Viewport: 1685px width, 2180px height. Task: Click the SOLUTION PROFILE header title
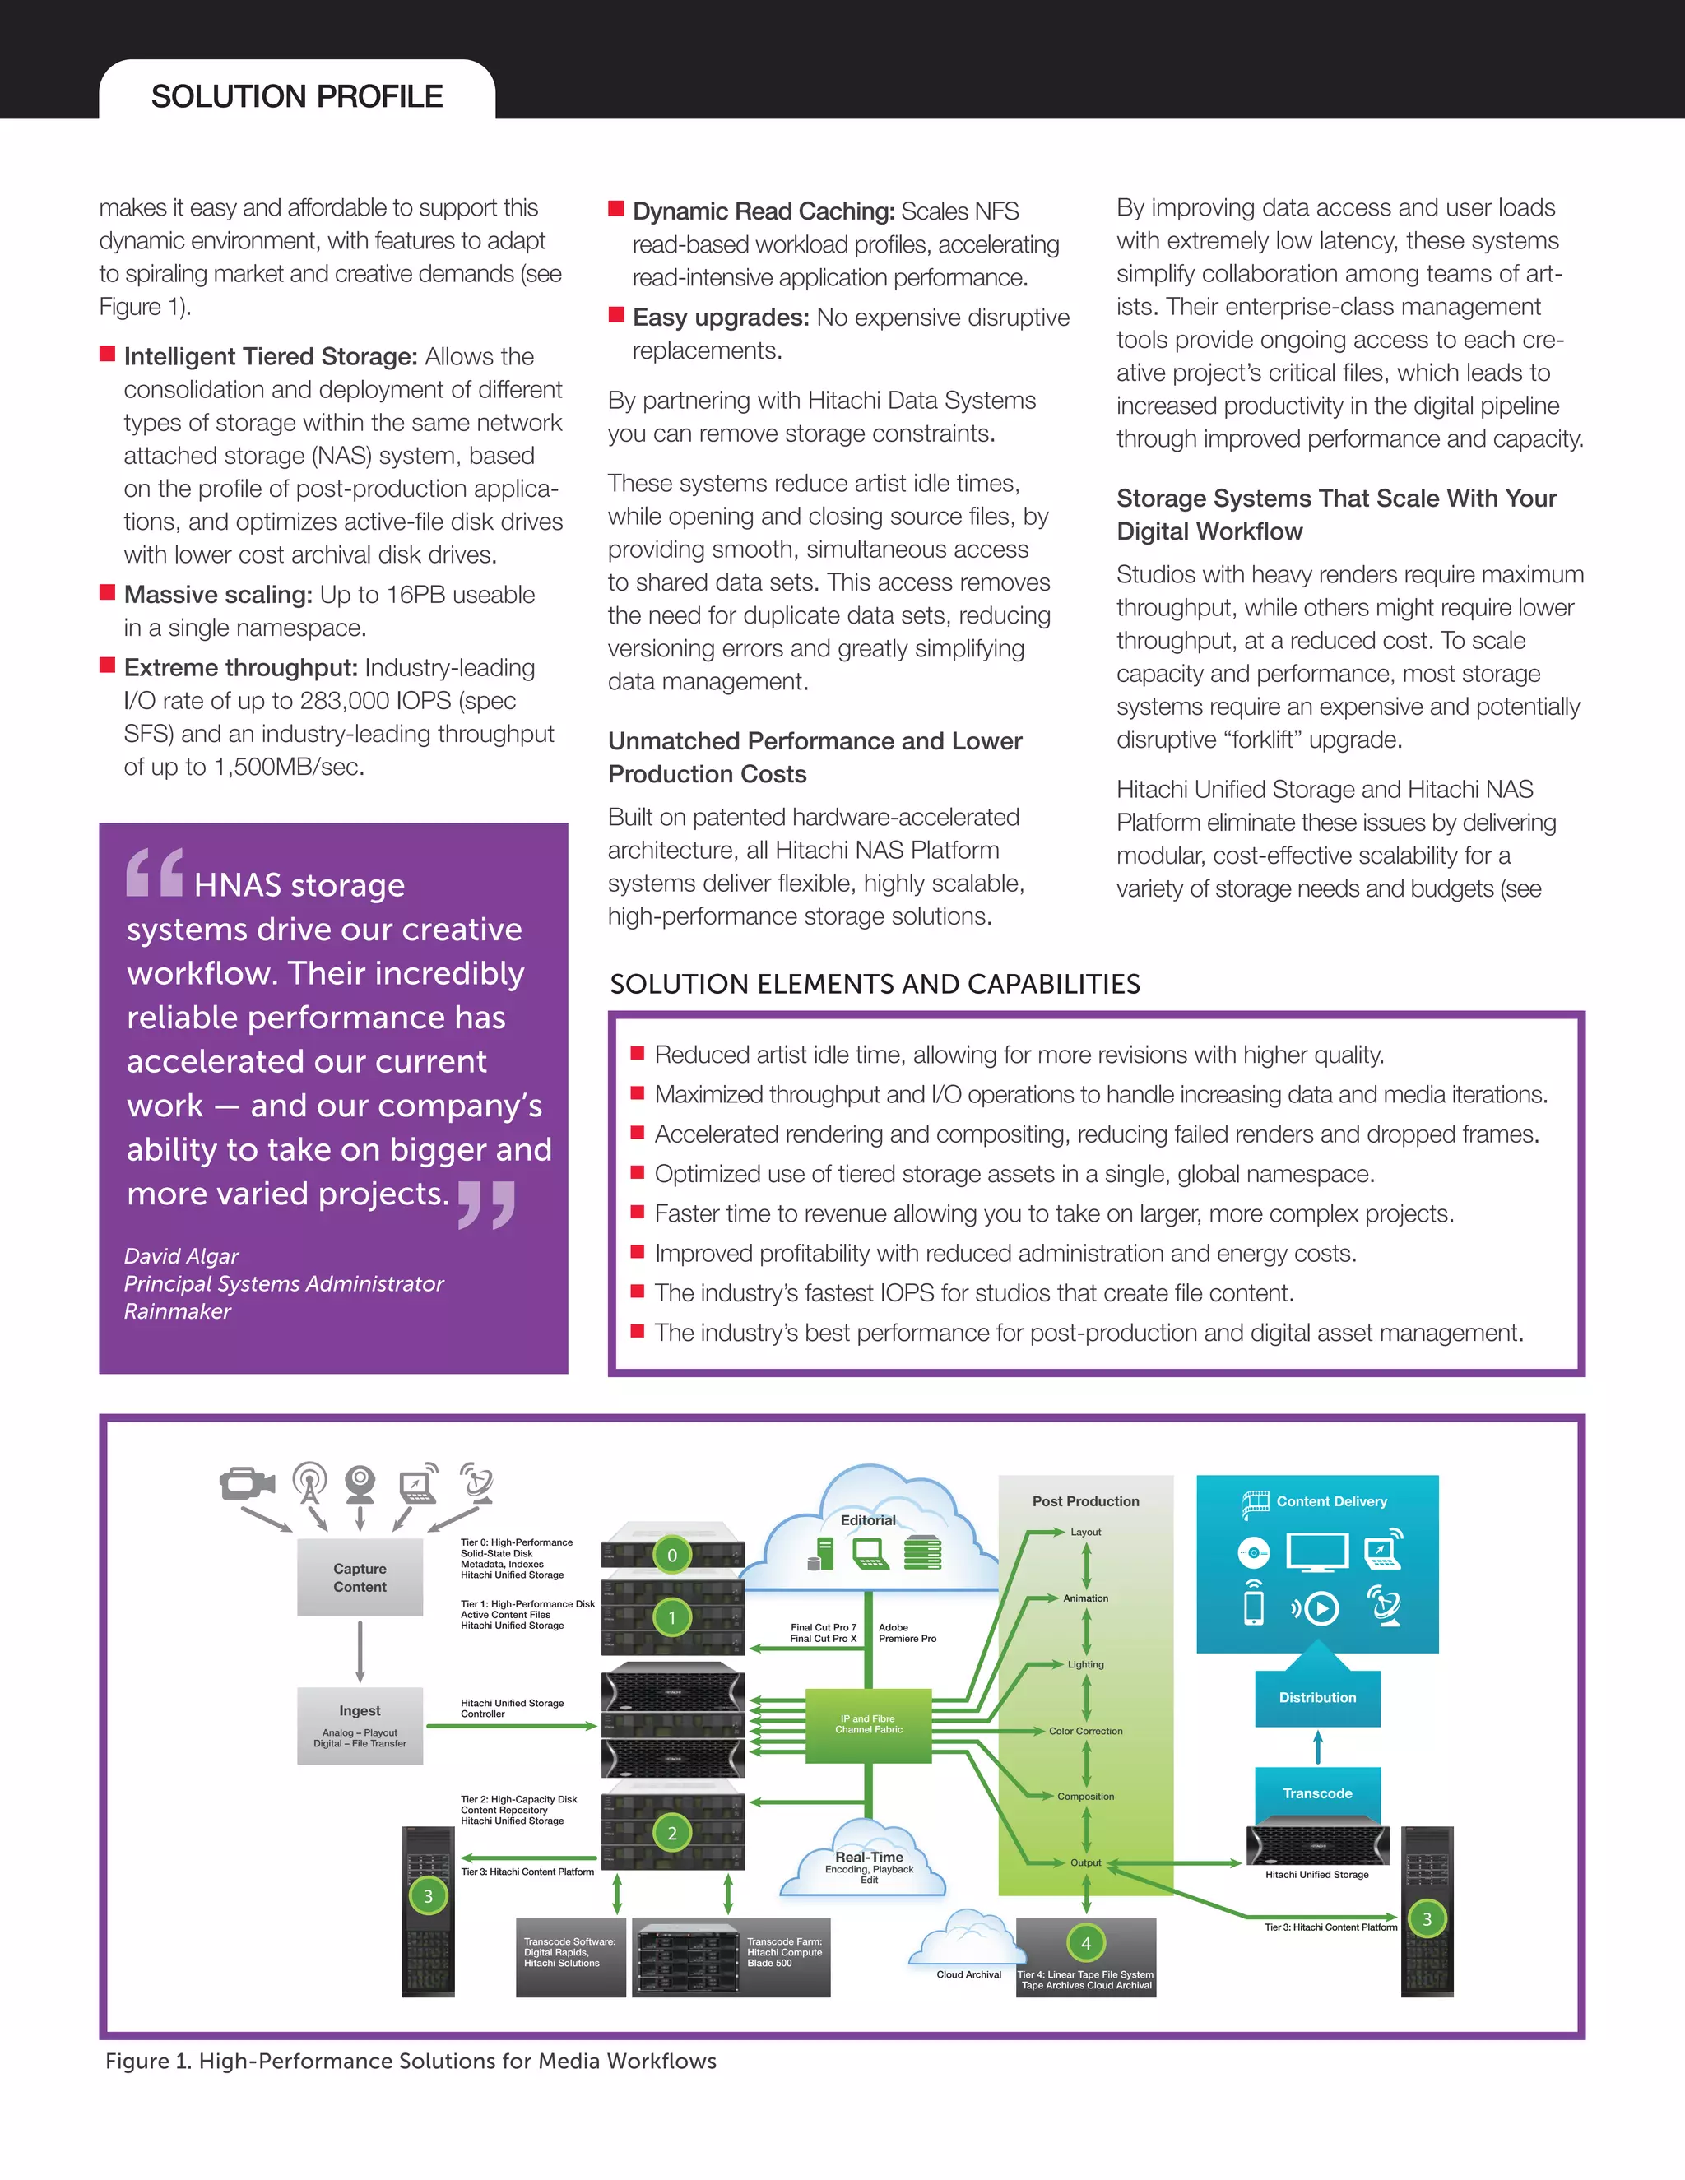coord(296,97)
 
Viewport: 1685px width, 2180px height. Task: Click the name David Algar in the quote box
coord(182,1255)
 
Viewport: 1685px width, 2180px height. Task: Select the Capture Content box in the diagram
coord(360,1577)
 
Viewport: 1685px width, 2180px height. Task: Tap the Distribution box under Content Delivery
coord(1318,1697)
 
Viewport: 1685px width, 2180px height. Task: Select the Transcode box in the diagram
coord(1318,1793)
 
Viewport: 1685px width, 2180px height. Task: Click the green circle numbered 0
coord(672,1555)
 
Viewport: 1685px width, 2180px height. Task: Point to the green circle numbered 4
coord(1086,1942)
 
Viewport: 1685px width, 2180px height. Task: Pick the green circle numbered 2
coord(672,1833)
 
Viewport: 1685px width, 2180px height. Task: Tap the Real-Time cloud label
coord(869,1857)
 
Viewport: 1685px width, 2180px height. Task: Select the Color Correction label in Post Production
coord(1086,1731)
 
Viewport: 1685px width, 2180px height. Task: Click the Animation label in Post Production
coord(1086,1598)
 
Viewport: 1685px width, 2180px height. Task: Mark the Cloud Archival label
coord(968,1974)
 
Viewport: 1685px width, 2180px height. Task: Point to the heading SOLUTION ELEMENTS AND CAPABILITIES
coord(875,984)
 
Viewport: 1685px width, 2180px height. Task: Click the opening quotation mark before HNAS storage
coord(155,871)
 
